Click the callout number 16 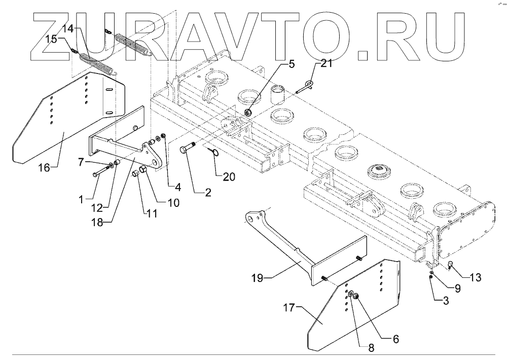pos(44,167)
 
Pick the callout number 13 pos(475,278)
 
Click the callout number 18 pos(99,222)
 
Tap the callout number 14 pos(68,29)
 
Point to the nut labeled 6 pos(357,297)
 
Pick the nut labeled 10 pos(142,169)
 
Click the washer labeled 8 pos(350,294)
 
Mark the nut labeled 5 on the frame pos(248,112)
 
